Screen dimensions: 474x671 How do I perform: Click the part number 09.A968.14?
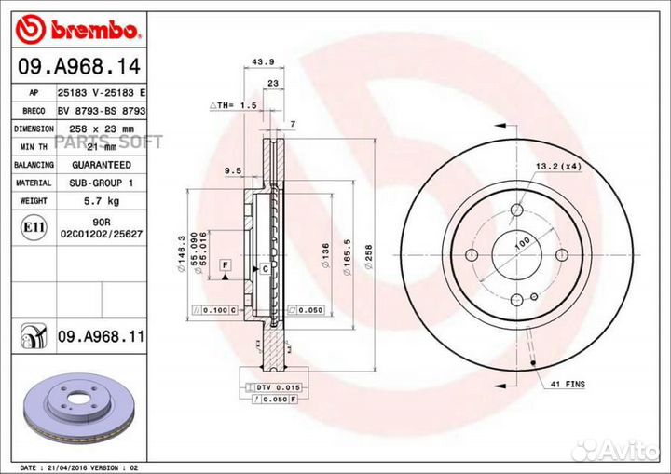pos(76,67)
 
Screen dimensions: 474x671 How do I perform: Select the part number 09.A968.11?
pos(100,334)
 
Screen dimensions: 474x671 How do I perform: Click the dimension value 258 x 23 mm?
pos(102,129)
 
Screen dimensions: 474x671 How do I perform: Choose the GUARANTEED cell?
pos(102,165)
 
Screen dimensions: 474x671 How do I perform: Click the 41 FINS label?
pos(567,383)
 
